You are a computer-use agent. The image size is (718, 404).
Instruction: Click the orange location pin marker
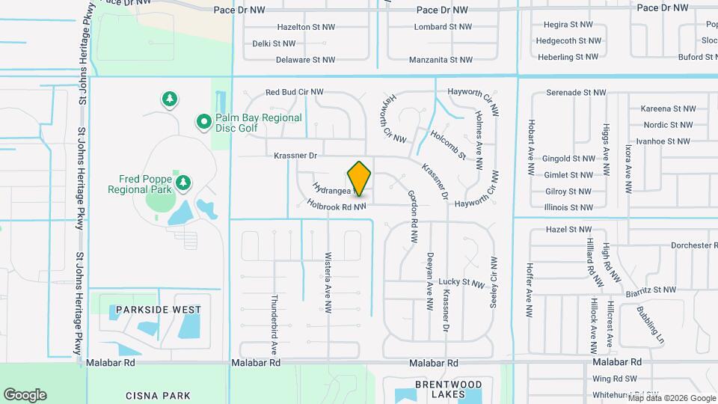coord(360,178)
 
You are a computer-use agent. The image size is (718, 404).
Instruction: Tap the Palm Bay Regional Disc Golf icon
coord(203,120)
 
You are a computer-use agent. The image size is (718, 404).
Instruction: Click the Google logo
coord(25,394)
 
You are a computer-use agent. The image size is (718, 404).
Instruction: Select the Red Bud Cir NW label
coord(295,92)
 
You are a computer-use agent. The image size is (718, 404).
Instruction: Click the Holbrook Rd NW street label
coord(336,205)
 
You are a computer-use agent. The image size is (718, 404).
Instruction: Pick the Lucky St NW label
coord(462,283)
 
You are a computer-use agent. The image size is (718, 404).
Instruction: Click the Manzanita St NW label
coord(441,59)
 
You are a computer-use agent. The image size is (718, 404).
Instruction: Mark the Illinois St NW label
coord(569,207)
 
